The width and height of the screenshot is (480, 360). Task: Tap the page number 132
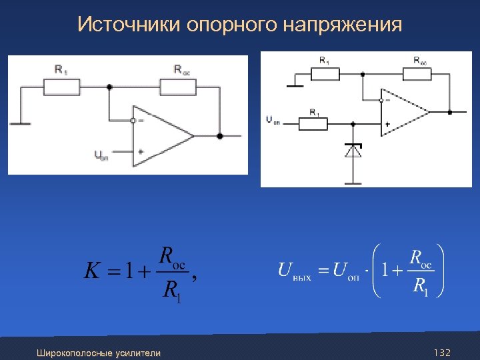(x=442, y=352)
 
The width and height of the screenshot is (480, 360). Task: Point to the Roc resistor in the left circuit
(x=178, y=86)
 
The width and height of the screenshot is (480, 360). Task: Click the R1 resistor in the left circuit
(x=61, y=86)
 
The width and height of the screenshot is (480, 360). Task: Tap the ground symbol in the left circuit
(x=19, y=123)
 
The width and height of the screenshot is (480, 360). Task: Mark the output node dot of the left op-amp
(x=220, y=136)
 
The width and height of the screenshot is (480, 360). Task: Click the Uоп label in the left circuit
(x=101, y=156)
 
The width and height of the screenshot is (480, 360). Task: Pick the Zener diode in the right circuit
(x=353, y=151)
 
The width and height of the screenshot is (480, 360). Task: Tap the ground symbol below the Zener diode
(x=353, y=183)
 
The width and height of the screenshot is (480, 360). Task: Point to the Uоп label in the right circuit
(x=273, y=120)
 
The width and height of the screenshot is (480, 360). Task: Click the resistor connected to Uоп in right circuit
(x=314, y=123)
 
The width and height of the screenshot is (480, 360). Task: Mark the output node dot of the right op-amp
(x=450, y=112)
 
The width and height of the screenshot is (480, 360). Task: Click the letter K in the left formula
(x=93, y=271)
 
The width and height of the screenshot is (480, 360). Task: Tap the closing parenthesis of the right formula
(x=441, y=271)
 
